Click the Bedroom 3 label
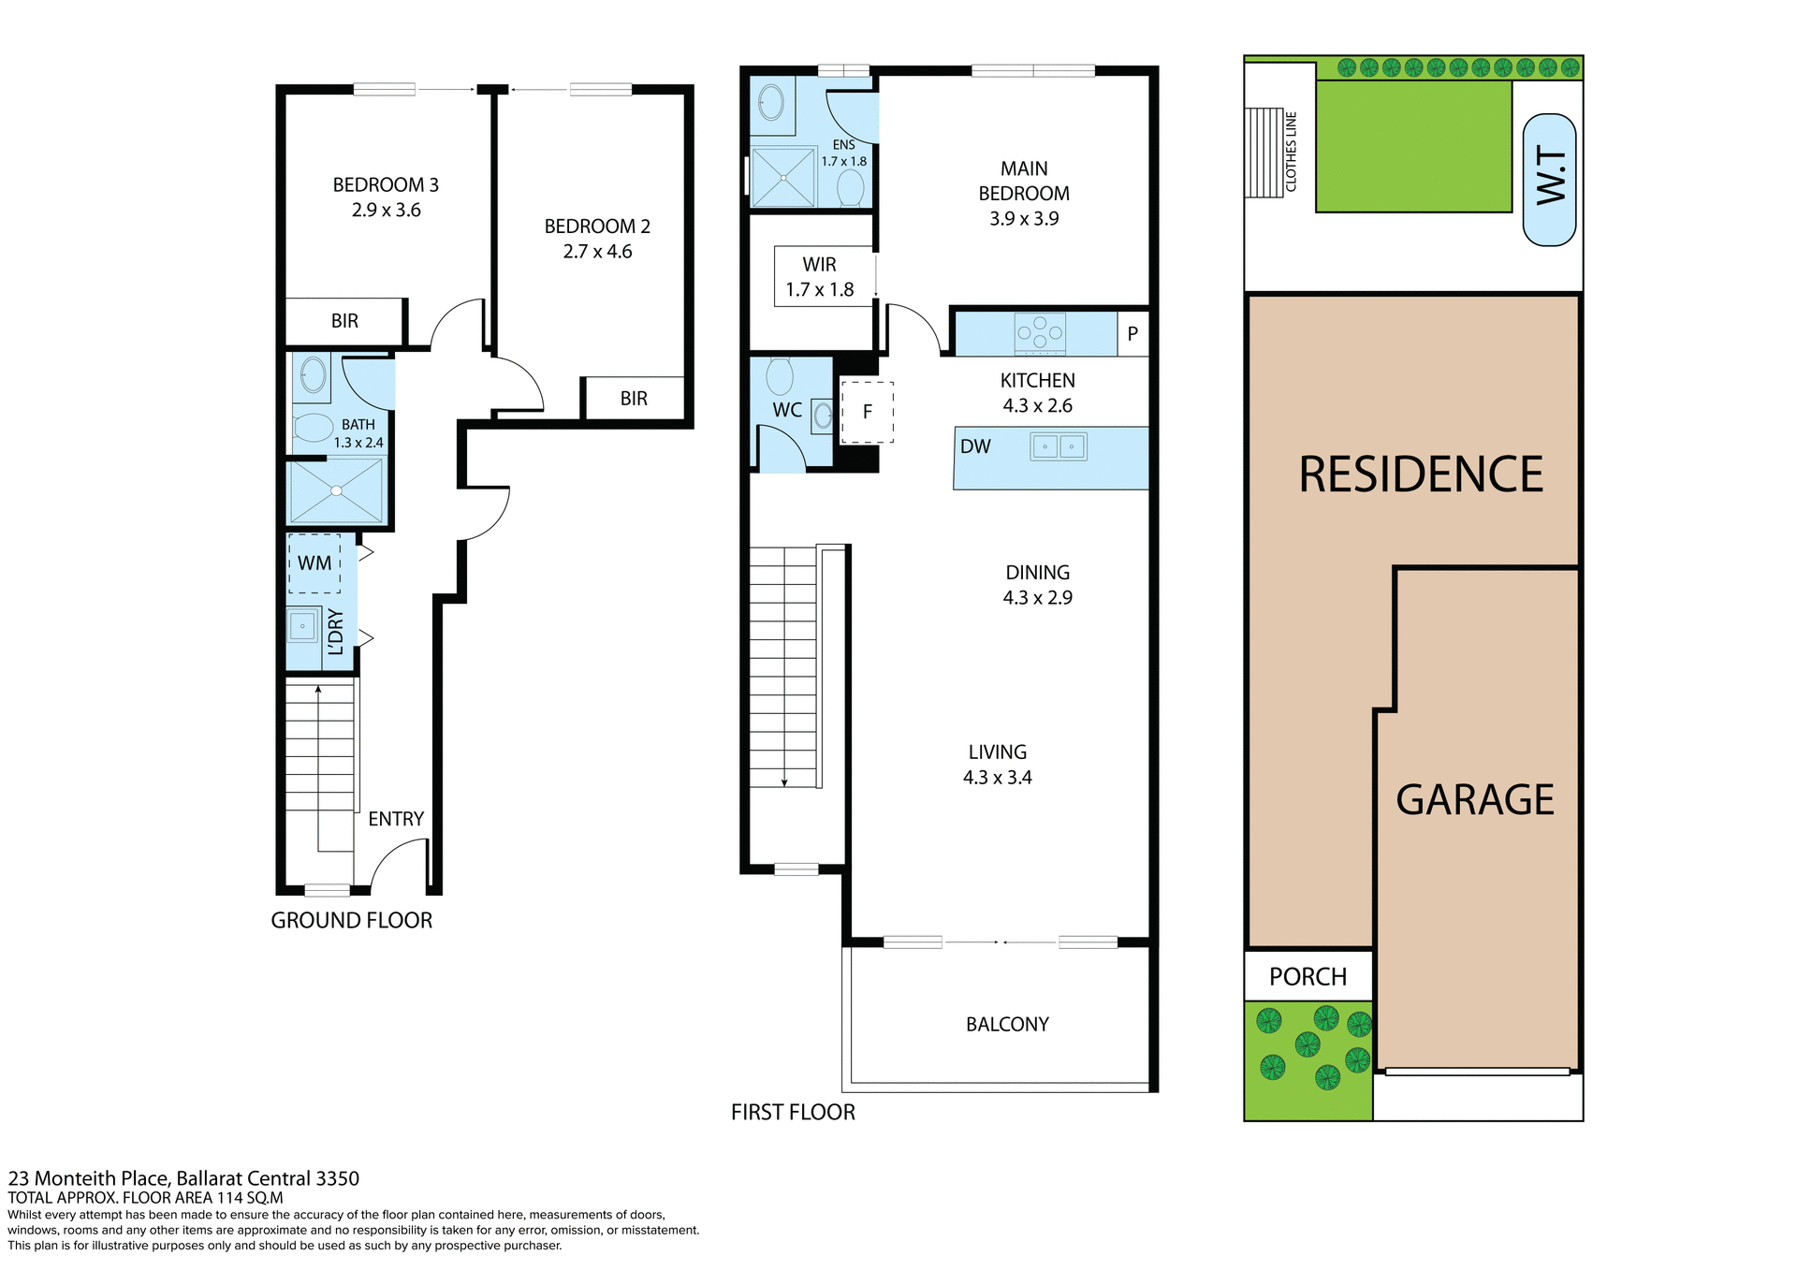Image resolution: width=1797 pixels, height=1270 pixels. [x=386, y=185]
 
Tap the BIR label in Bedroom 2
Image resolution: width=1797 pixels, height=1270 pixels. [x=634, y=399]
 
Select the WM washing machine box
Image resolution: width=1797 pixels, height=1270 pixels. [x=314, y=563]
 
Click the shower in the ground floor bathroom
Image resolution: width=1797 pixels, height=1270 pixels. [x=336, y=491]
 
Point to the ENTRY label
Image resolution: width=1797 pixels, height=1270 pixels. [x=396, y=819]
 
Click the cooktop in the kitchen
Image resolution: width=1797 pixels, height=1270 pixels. [x=1040, y=332]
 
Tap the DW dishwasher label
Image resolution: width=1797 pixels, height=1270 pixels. [x=975, y=446]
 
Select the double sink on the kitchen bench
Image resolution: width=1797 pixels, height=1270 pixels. [x=1059, y=446]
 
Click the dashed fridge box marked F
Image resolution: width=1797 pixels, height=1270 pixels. [x=867, y=412]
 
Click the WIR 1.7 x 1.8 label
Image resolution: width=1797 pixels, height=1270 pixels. [x=819, y=277]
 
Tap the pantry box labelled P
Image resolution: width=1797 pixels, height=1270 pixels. [x=1132, y=334]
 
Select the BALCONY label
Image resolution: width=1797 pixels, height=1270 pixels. [x=1007, y=1024]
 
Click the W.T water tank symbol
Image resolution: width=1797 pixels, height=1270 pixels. [x=1550, y=180]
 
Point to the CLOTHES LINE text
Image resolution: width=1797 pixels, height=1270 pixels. [x=1292, y=152]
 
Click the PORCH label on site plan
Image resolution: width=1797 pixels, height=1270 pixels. [x=1308, y=976]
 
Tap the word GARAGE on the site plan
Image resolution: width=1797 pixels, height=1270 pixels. [x=1474, y=800]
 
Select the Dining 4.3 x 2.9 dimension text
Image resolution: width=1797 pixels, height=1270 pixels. [x=1037, y=597]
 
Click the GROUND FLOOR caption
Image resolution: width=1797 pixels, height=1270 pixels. [x=352, y=920]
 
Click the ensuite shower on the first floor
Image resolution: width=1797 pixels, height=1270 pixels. [x=783, y=177]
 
